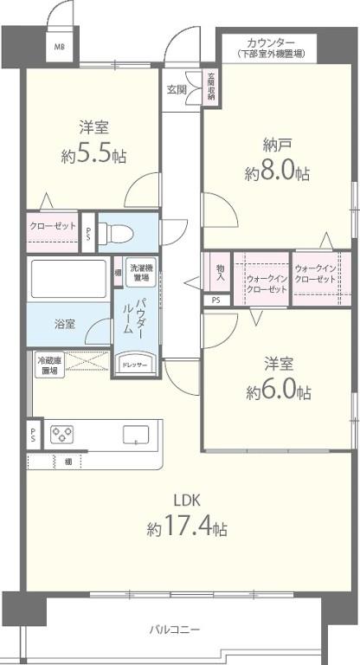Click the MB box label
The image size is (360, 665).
click(x=60, y=48)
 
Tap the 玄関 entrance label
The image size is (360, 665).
click(x=177, y=89)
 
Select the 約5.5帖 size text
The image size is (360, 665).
click(x=93, y=157)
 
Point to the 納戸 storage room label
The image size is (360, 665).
click(x=277, y=145)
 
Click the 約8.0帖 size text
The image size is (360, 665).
click(x=277, y=173)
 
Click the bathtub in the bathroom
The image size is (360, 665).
click(x=67, y=280)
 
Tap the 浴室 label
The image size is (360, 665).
click(x=65, y=325)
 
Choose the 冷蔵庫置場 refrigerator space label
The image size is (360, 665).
click(x=48, y=365)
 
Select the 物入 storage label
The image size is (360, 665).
click(x=221, y=273)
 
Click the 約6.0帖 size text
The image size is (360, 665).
click(x=278, y=392)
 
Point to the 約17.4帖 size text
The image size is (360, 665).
click(x=187, y=527)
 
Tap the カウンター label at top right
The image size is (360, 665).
click(x=270, y=42)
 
